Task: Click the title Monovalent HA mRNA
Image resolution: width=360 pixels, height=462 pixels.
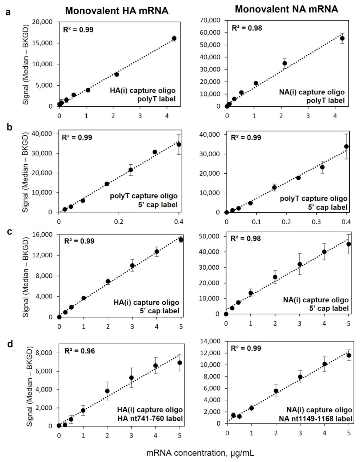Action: click(x=117, y=11)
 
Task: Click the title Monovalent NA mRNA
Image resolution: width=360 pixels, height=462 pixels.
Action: click(x=286, y=9)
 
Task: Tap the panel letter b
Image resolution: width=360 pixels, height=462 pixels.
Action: click(x=9, y=127)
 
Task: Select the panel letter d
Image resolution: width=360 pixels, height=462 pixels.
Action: click(x=10, y=344)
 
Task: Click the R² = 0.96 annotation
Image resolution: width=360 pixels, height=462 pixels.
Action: click(x=80, y=351)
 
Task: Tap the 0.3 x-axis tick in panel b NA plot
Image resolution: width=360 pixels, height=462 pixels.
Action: click(x=316, y=222)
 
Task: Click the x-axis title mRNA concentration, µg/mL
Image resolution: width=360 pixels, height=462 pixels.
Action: click(x=200, y=453)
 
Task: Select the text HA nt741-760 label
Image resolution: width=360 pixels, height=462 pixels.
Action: click(x=150, y=419)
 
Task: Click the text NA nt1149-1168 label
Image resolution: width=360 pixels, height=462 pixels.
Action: click(x=315, y=419)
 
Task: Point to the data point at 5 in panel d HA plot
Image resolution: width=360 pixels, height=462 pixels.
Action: click(x=180, y=363)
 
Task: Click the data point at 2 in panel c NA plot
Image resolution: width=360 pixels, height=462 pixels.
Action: click(x=275, y=277)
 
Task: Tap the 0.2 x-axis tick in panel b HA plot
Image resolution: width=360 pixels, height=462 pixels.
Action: click(x=119, y=222)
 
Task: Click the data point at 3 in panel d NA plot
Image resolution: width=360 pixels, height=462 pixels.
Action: click(x=300, y=377)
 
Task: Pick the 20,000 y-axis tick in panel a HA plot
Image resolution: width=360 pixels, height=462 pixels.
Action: click(x=42, y=22)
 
